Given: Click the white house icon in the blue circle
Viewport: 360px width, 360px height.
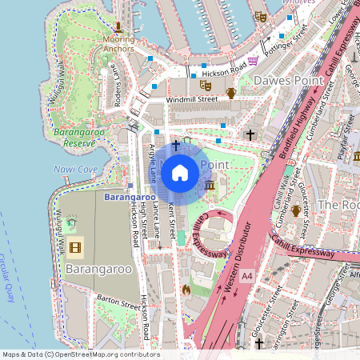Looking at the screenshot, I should tap(180, 173).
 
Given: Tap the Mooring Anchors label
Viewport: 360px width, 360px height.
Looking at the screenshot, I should tap(118, 42).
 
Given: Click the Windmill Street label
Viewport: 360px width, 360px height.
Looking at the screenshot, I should tap(192, 99).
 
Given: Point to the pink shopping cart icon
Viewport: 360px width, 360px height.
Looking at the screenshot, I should tap(253, 61).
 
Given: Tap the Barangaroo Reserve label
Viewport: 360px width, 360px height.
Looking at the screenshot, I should tap(74, 137).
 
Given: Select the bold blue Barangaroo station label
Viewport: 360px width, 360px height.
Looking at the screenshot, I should tap(130, 196).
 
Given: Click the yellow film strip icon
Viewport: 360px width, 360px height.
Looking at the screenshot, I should tap(75, 248).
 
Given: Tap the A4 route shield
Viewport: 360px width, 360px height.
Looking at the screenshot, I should tap(247, 276).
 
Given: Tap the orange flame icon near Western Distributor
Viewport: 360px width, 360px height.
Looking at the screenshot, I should tap(186, 289).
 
